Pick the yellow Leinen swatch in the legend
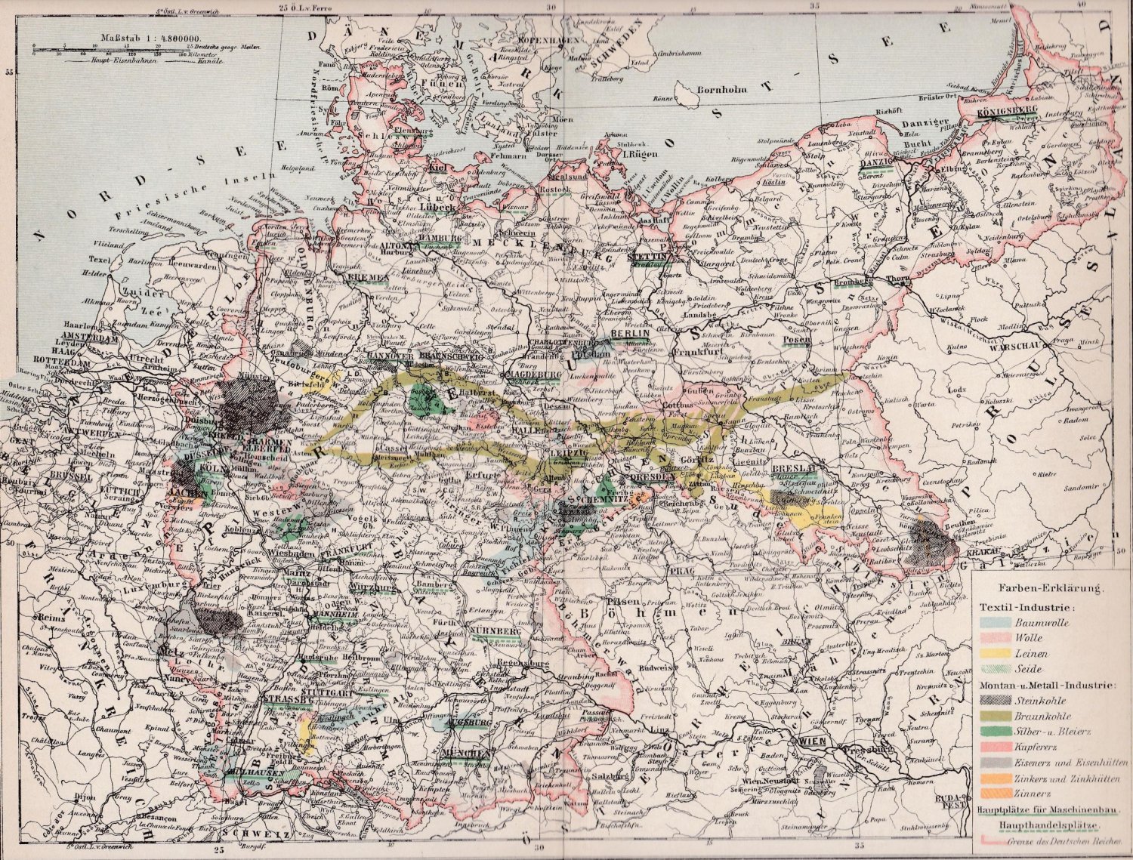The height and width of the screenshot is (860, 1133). (x=996, y=654)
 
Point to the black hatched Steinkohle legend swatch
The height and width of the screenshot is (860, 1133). (x=996, y=701)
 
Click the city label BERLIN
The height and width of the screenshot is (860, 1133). (x=629, y=334)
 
